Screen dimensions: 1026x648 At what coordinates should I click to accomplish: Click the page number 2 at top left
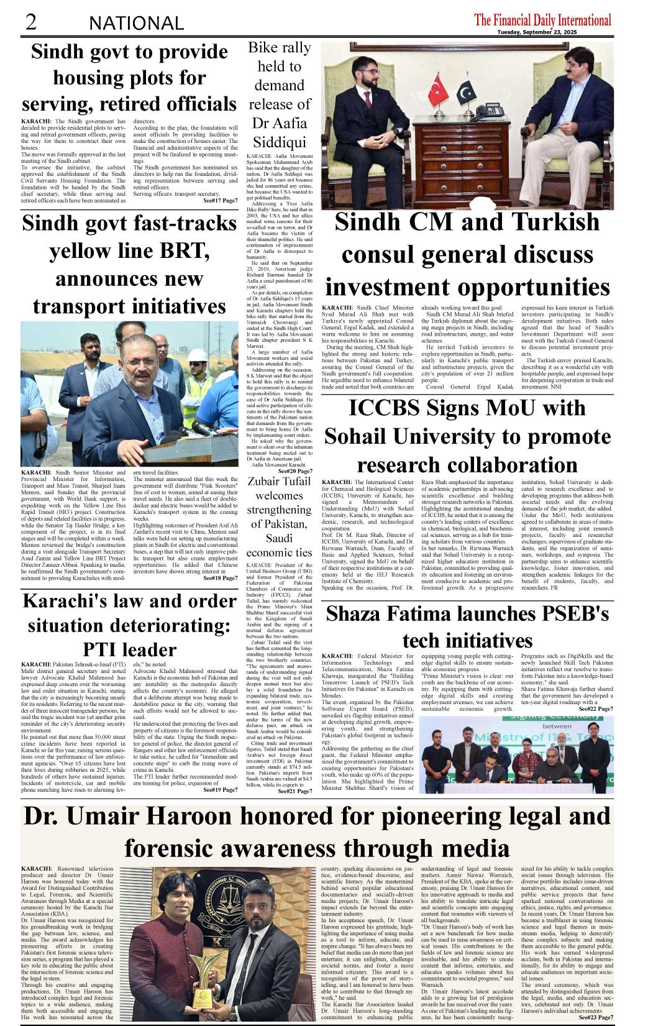[x=30, y=22]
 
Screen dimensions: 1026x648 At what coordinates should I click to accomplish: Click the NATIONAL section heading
[x=136, y=24]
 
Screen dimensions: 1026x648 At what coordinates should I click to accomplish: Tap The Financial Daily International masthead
[x=542, y=20]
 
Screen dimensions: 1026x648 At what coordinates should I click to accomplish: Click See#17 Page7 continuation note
[x=220, y=201]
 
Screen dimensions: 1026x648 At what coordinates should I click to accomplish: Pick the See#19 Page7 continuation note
[x=220, y=790]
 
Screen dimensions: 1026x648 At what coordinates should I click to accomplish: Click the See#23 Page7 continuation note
[x=595, y=1017]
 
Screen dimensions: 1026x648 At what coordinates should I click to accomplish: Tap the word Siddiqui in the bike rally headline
[x=279, y=142]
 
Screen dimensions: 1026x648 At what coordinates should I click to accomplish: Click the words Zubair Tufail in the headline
[x=279, y=481]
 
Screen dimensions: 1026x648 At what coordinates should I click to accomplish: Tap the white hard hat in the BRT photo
[x=197, y=355]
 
